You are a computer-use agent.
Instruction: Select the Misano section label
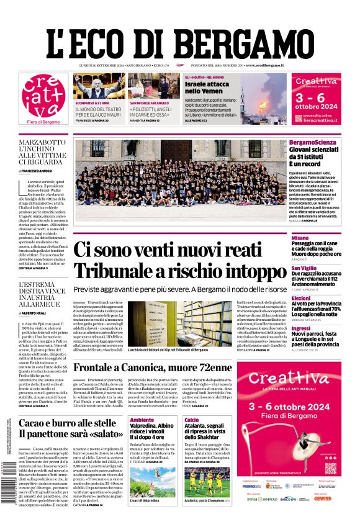point(300,238)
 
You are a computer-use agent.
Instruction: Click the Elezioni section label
point(301,298)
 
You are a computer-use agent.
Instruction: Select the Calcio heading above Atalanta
point(191,420)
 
